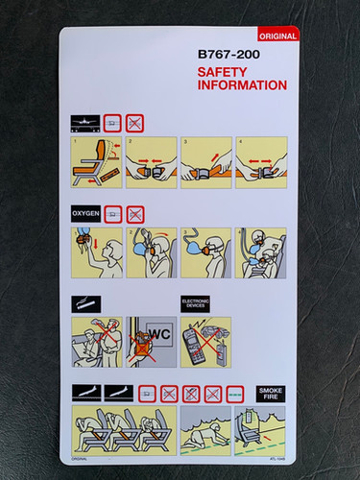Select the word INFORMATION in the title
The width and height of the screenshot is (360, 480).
click(x=242, y=86)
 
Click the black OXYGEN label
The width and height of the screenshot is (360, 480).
click(x=84, y=215)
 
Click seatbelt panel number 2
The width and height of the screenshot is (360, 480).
click(x=151, y=162)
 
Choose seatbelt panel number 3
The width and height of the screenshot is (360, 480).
click(x=205, y=162)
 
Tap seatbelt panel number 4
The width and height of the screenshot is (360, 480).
click(x=260, y=162)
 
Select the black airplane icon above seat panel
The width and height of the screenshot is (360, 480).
click(x=84, y=123)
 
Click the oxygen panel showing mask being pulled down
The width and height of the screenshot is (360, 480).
click(x=96, y=253)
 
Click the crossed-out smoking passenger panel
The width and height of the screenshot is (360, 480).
click(x=96, y=342)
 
